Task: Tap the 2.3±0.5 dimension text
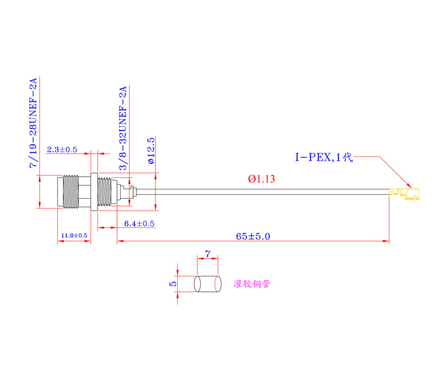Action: click(x=62, y=149)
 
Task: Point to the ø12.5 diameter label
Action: click(x=151, y=151)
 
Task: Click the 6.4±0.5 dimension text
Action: click(x=139, y=224)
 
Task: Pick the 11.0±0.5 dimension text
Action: click(x=74, y=235)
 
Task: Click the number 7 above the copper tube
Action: click(x=207, y=254)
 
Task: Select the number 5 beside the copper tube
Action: click(x=173, y=284)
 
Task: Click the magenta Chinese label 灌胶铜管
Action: click(x=252, y=284)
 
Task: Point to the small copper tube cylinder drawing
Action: click(x=207, y=284)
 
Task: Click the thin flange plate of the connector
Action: click(x=94, y=192)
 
